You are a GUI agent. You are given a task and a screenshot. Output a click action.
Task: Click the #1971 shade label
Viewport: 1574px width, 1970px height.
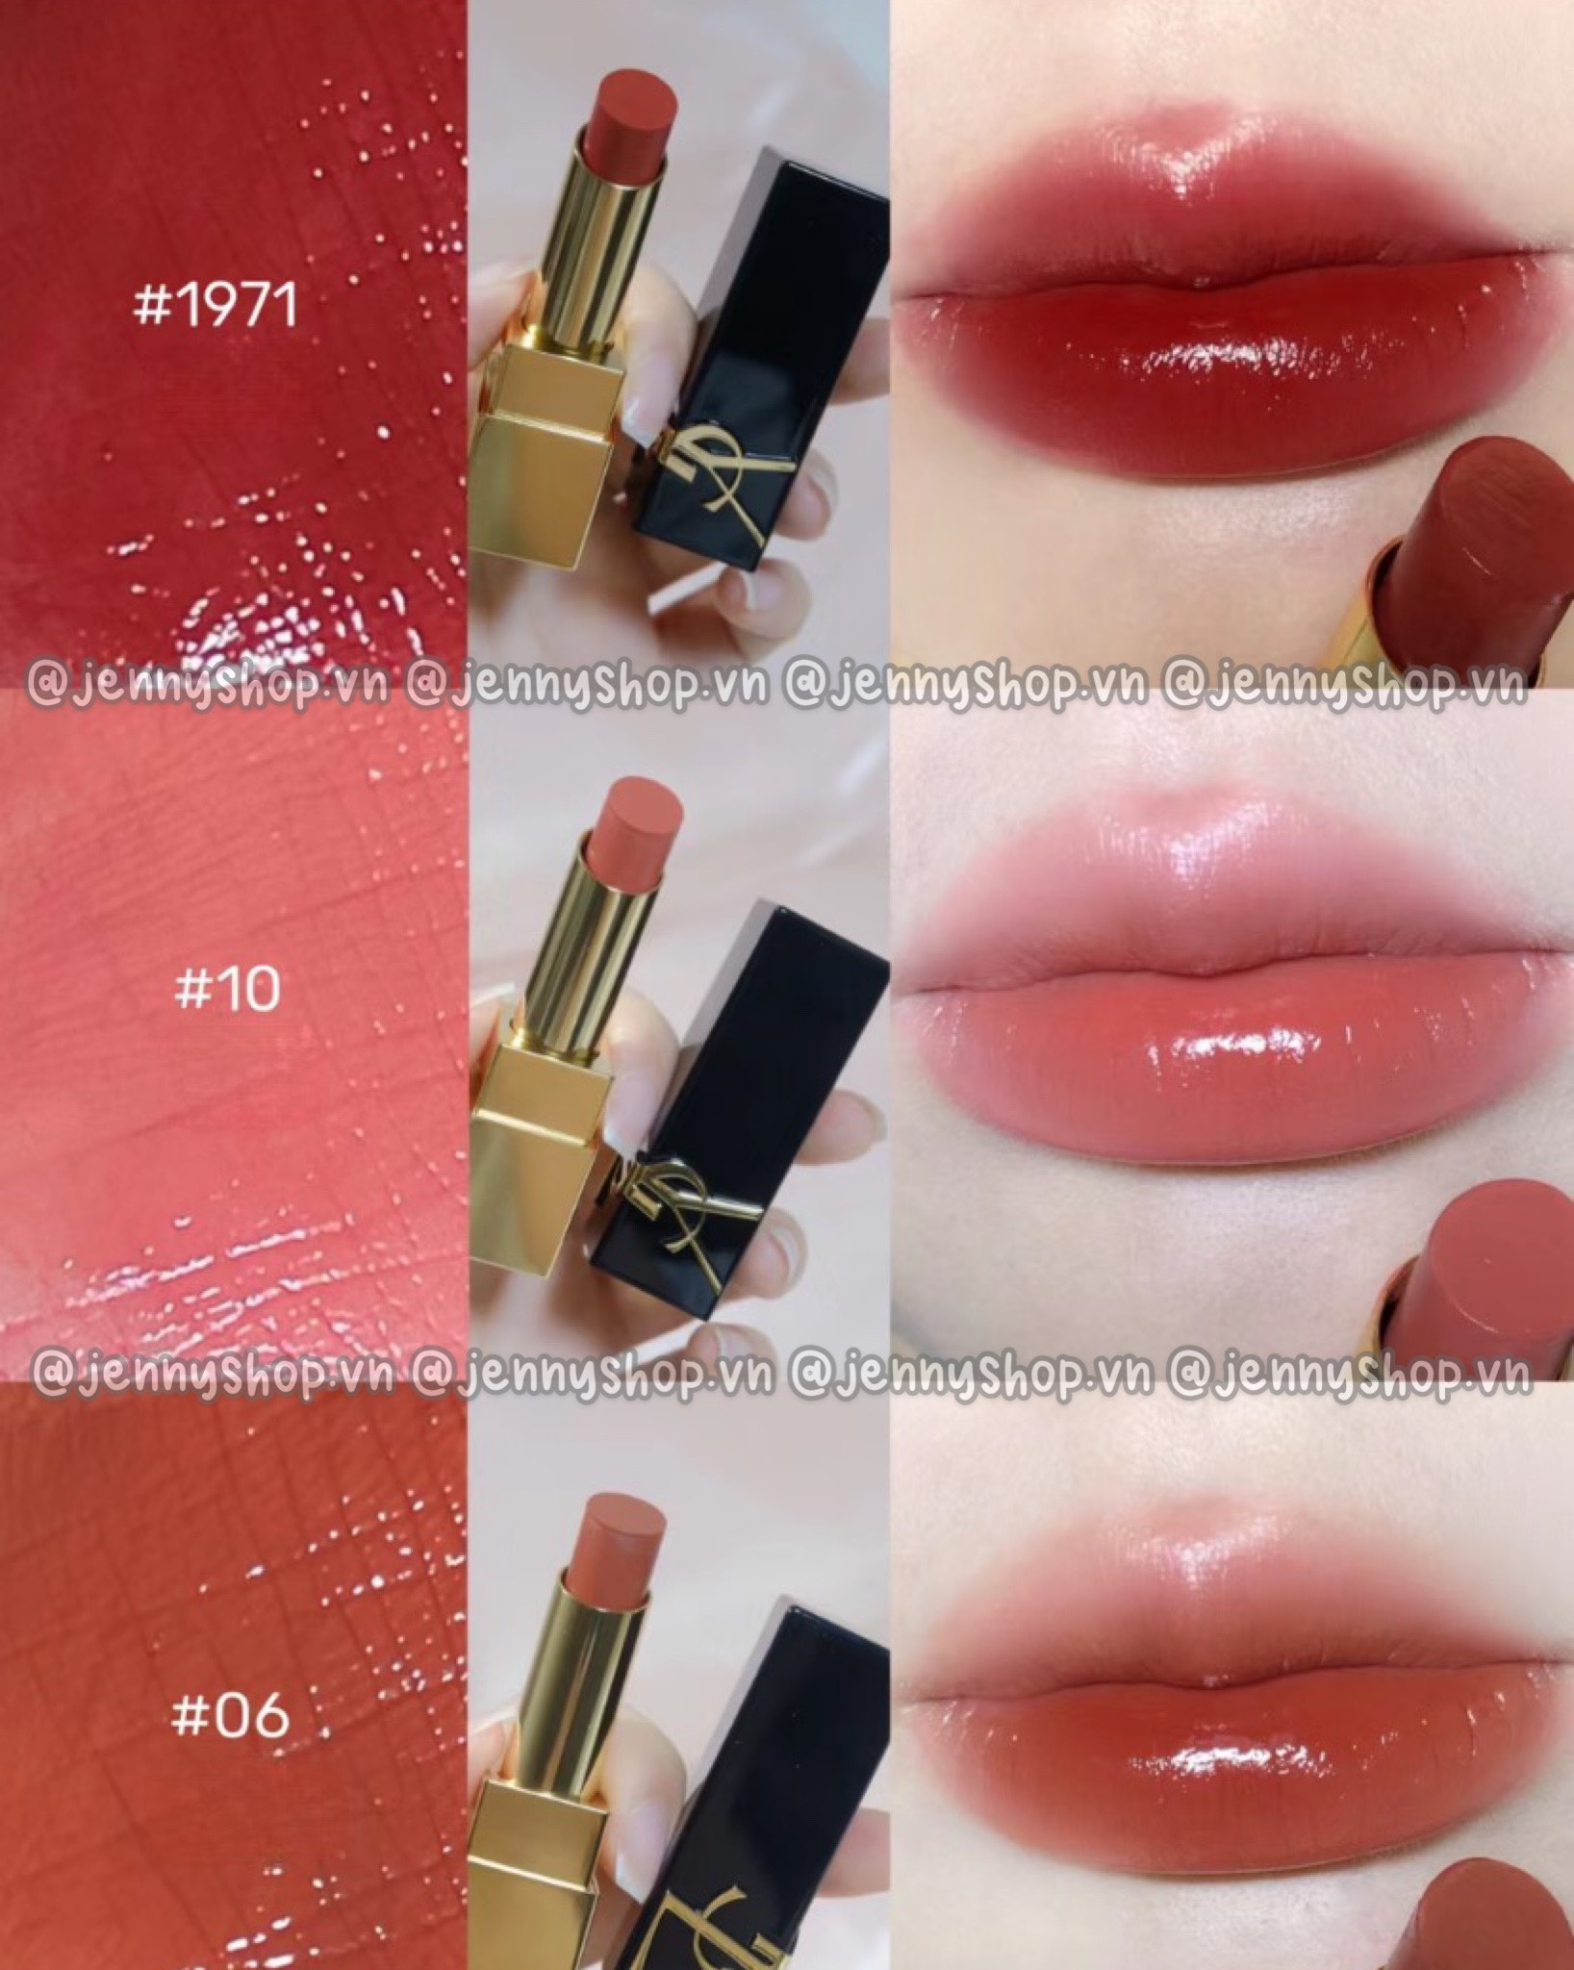tap(216, 307)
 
